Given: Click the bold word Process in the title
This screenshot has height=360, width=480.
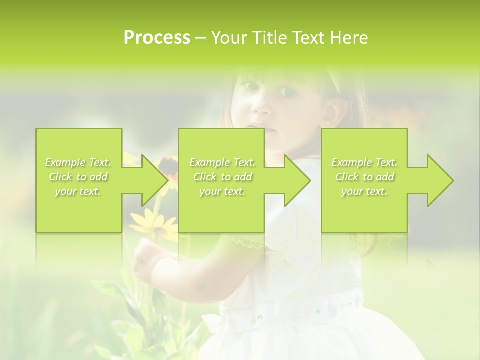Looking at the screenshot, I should tap(157, 38).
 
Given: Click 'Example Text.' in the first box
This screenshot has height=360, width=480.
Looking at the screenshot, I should tap(78, 162).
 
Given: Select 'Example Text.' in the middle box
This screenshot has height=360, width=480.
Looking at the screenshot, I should tap(222, 162).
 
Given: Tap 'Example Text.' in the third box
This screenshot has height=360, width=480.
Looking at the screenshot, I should tap(364, 162).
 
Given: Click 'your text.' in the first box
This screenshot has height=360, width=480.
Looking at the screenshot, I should tap(78, 191).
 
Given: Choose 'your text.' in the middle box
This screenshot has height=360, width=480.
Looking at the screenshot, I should tap(222, 191).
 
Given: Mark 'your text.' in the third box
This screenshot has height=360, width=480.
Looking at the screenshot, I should tap(364, 191).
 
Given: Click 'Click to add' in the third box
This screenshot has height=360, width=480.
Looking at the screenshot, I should tap(364, 177).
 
